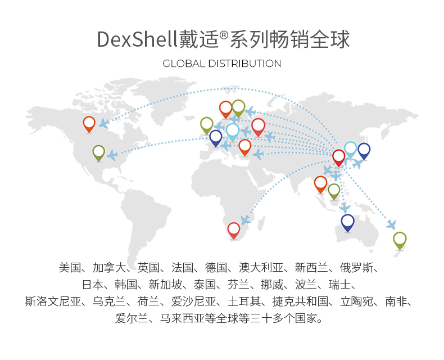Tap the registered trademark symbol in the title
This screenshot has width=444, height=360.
pyautogui.click(x=224, y=35)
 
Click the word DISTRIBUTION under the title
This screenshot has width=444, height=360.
pyautogui.click(x=245, y=64)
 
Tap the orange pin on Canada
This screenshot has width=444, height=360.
pyautogui.click(x=89, y=123)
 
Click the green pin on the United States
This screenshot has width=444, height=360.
pyautogui.click(x=99, y=152)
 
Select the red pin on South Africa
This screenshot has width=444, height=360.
pyautogui.click(x=234, y=229)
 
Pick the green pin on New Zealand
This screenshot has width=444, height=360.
pyautogui.click(x=400, y=240)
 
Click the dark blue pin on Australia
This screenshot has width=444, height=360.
pyautogui.click(x=348, y=222)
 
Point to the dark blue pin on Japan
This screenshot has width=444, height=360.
pyautogui.click(x=364, y=150)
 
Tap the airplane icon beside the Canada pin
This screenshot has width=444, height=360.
pyautogui.click(x=104, y=123)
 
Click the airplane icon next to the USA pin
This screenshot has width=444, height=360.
pyautogui.click(x=112, y=155)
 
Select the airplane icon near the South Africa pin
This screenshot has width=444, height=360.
pyautogui.click(x=245, y=219)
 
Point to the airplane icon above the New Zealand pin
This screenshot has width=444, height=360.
pyautogui.click(x=391, y=224)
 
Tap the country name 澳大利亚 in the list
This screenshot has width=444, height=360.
pyautogui.click(x=264, y=267)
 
